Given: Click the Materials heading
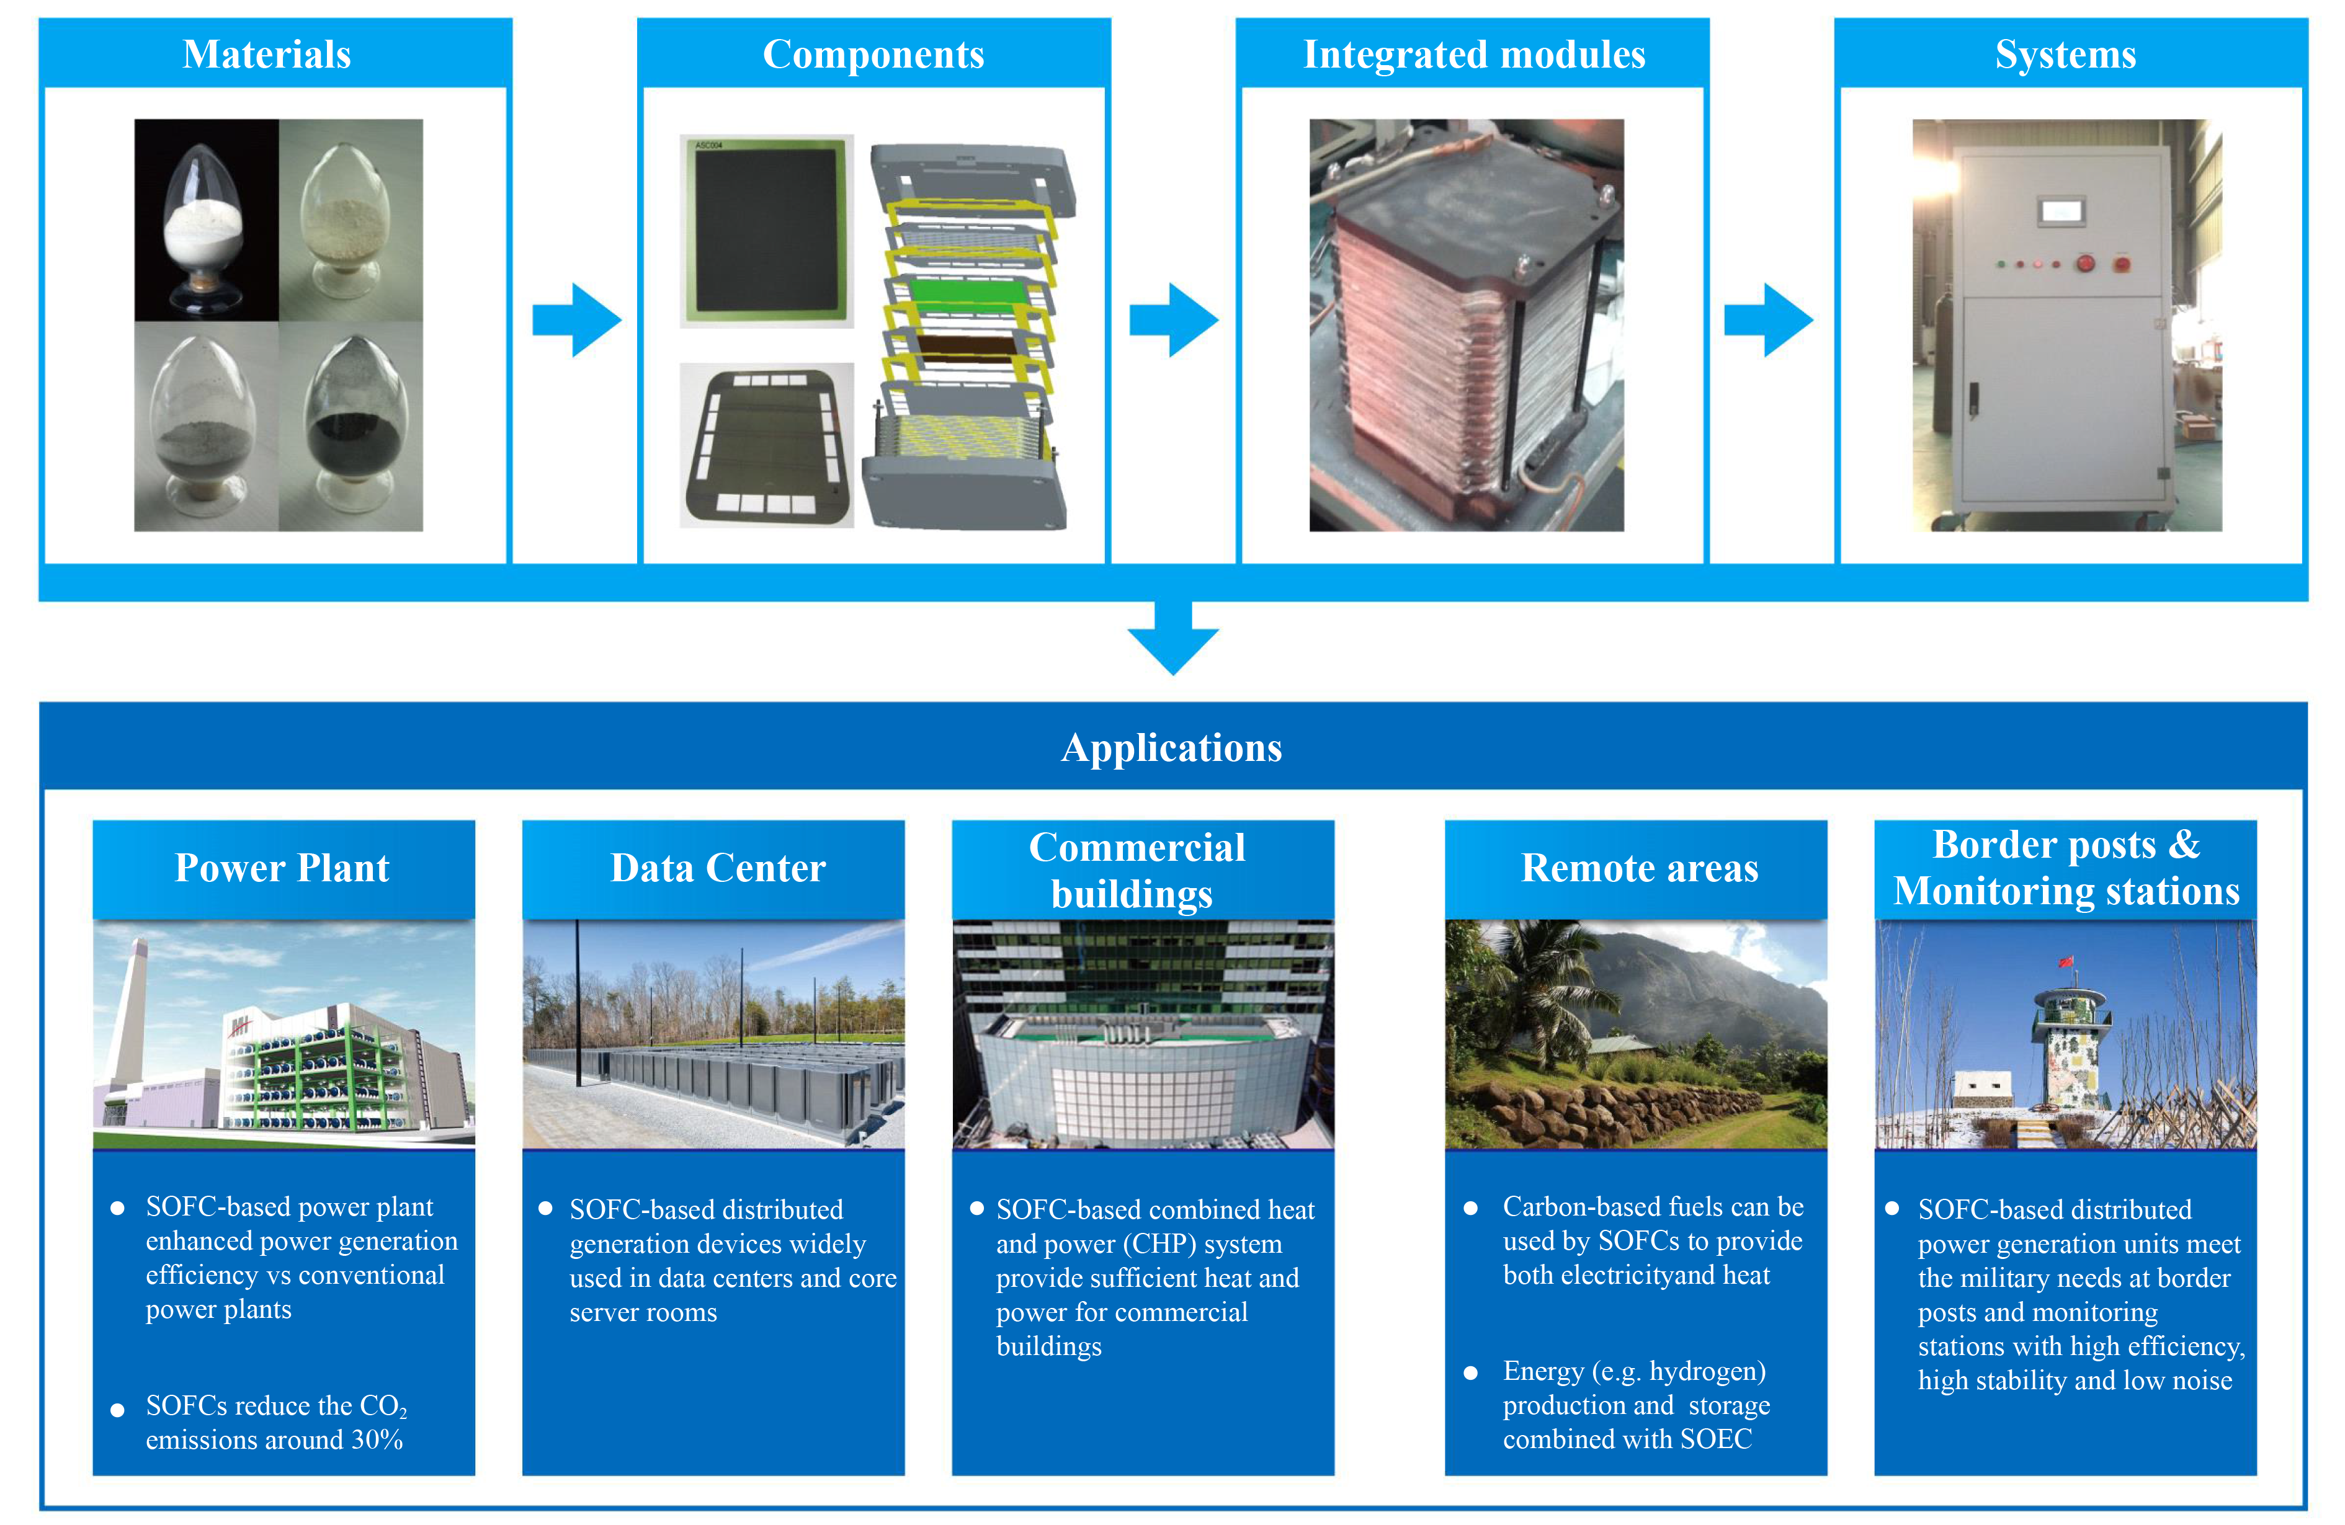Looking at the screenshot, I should tap(266, 54).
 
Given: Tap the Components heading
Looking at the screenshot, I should tap(873, 54).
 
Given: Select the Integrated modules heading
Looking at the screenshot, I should tap(1474, 54).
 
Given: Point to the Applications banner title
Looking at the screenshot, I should tap(1171, 748).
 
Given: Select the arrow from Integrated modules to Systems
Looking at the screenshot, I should tap(1769, 320).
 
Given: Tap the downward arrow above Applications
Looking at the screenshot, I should tap(1172, 641).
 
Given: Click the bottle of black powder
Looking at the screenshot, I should tap(354, 424).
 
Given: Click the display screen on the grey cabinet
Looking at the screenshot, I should tap(2061, 211).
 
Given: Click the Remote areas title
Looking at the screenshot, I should tap(1640, 868).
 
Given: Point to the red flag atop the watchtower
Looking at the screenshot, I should tap(2066, 961).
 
